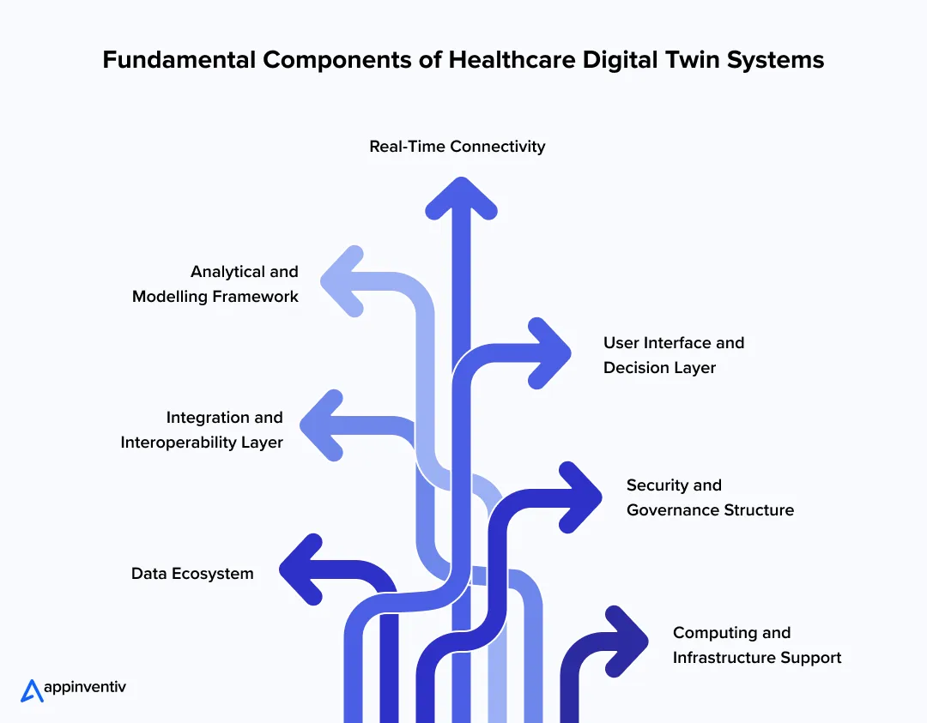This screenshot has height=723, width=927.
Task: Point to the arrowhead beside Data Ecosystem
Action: pyautogui.click(x=300, y=569)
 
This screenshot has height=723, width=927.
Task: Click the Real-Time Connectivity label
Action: pyautogui.click(x=457, y=147)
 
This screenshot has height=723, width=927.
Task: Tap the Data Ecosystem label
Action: pyautogui.click(x=192, y=574)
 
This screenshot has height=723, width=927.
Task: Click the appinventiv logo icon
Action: pyautogui.click(x=32, y=690)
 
